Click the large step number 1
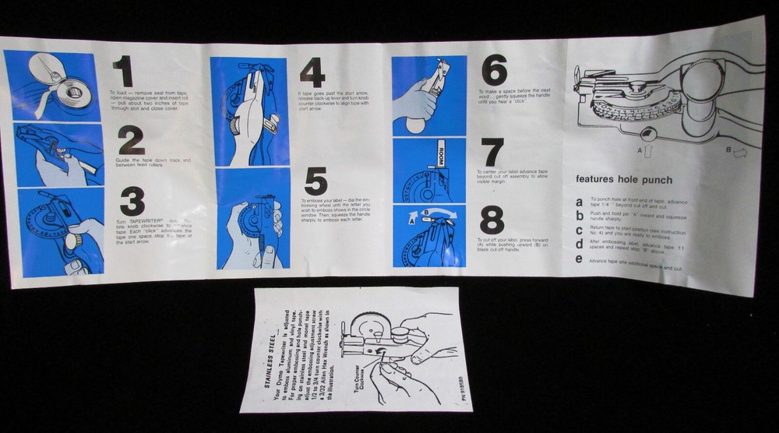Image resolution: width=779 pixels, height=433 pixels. point(122,72)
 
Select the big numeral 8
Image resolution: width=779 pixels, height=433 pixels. point(492,220)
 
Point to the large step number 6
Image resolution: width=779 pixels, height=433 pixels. point(494,70)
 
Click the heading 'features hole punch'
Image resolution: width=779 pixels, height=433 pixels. point(623,179)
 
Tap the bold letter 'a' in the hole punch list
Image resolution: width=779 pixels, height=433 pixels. point(578,202)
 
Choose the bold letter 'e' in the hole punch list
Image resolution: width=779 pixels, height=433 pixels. point(579,259)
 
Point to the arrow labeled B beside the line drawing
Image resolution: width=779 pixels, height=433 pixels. point(737,153)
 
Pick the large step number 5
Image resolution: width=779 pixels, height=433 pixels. point(315,181)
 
